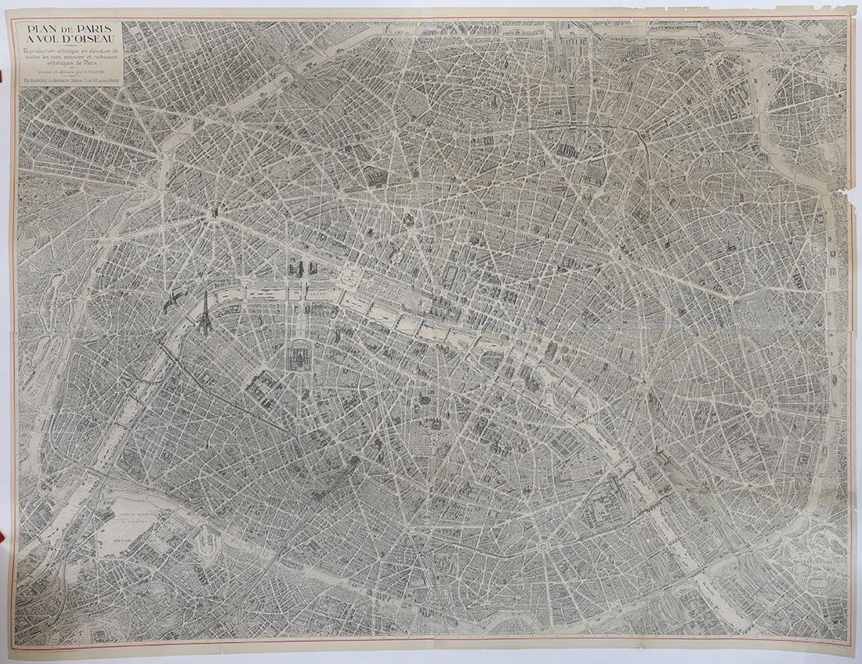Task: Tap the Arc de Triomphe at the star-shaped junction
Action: click(x=212, y=212)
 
